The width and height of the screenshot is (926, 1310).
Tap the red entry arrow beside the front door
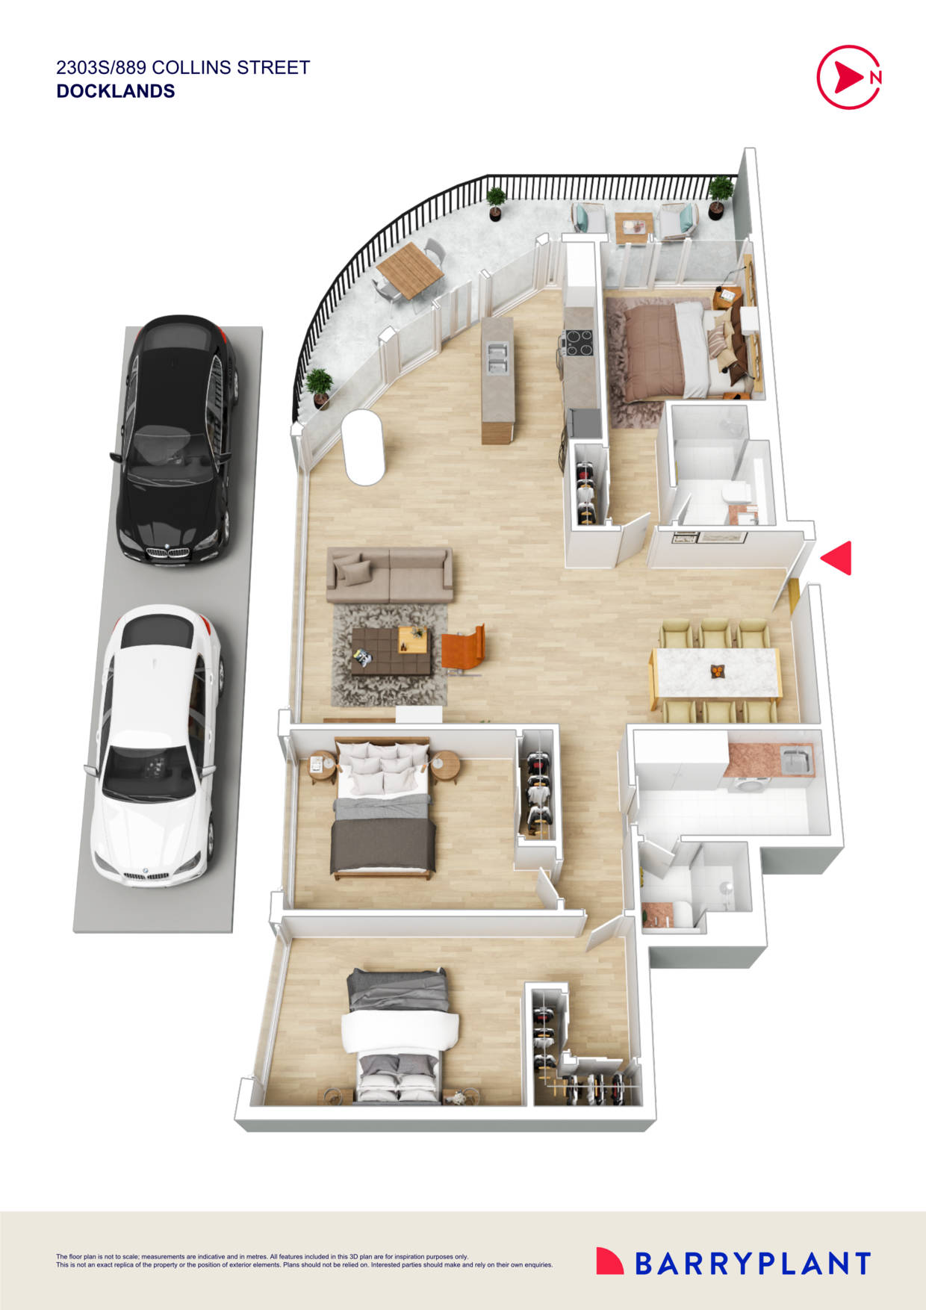point(838,558)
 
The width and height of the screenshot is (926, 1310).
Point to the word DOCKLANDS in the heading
point(116,91)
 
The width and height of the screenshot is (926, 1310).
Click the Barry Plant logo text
point(752,1263)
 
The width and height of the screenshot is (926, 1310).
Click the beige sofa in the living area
point(389,574)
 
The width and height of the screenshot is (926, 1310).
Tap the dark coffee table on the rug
point(391,651)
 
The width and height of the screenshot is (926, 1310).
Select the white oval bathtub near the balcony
point(364,447)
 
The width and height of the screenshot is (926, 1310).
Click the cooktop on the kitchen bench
point(578,343)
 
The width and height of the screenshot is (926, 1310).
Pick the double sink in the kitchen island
point(497,356)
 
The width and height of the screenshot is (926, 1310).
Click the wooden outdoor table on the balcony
point(409,269)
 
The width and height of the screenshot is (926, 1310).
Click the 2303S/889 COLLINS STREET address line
point(183,67)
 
